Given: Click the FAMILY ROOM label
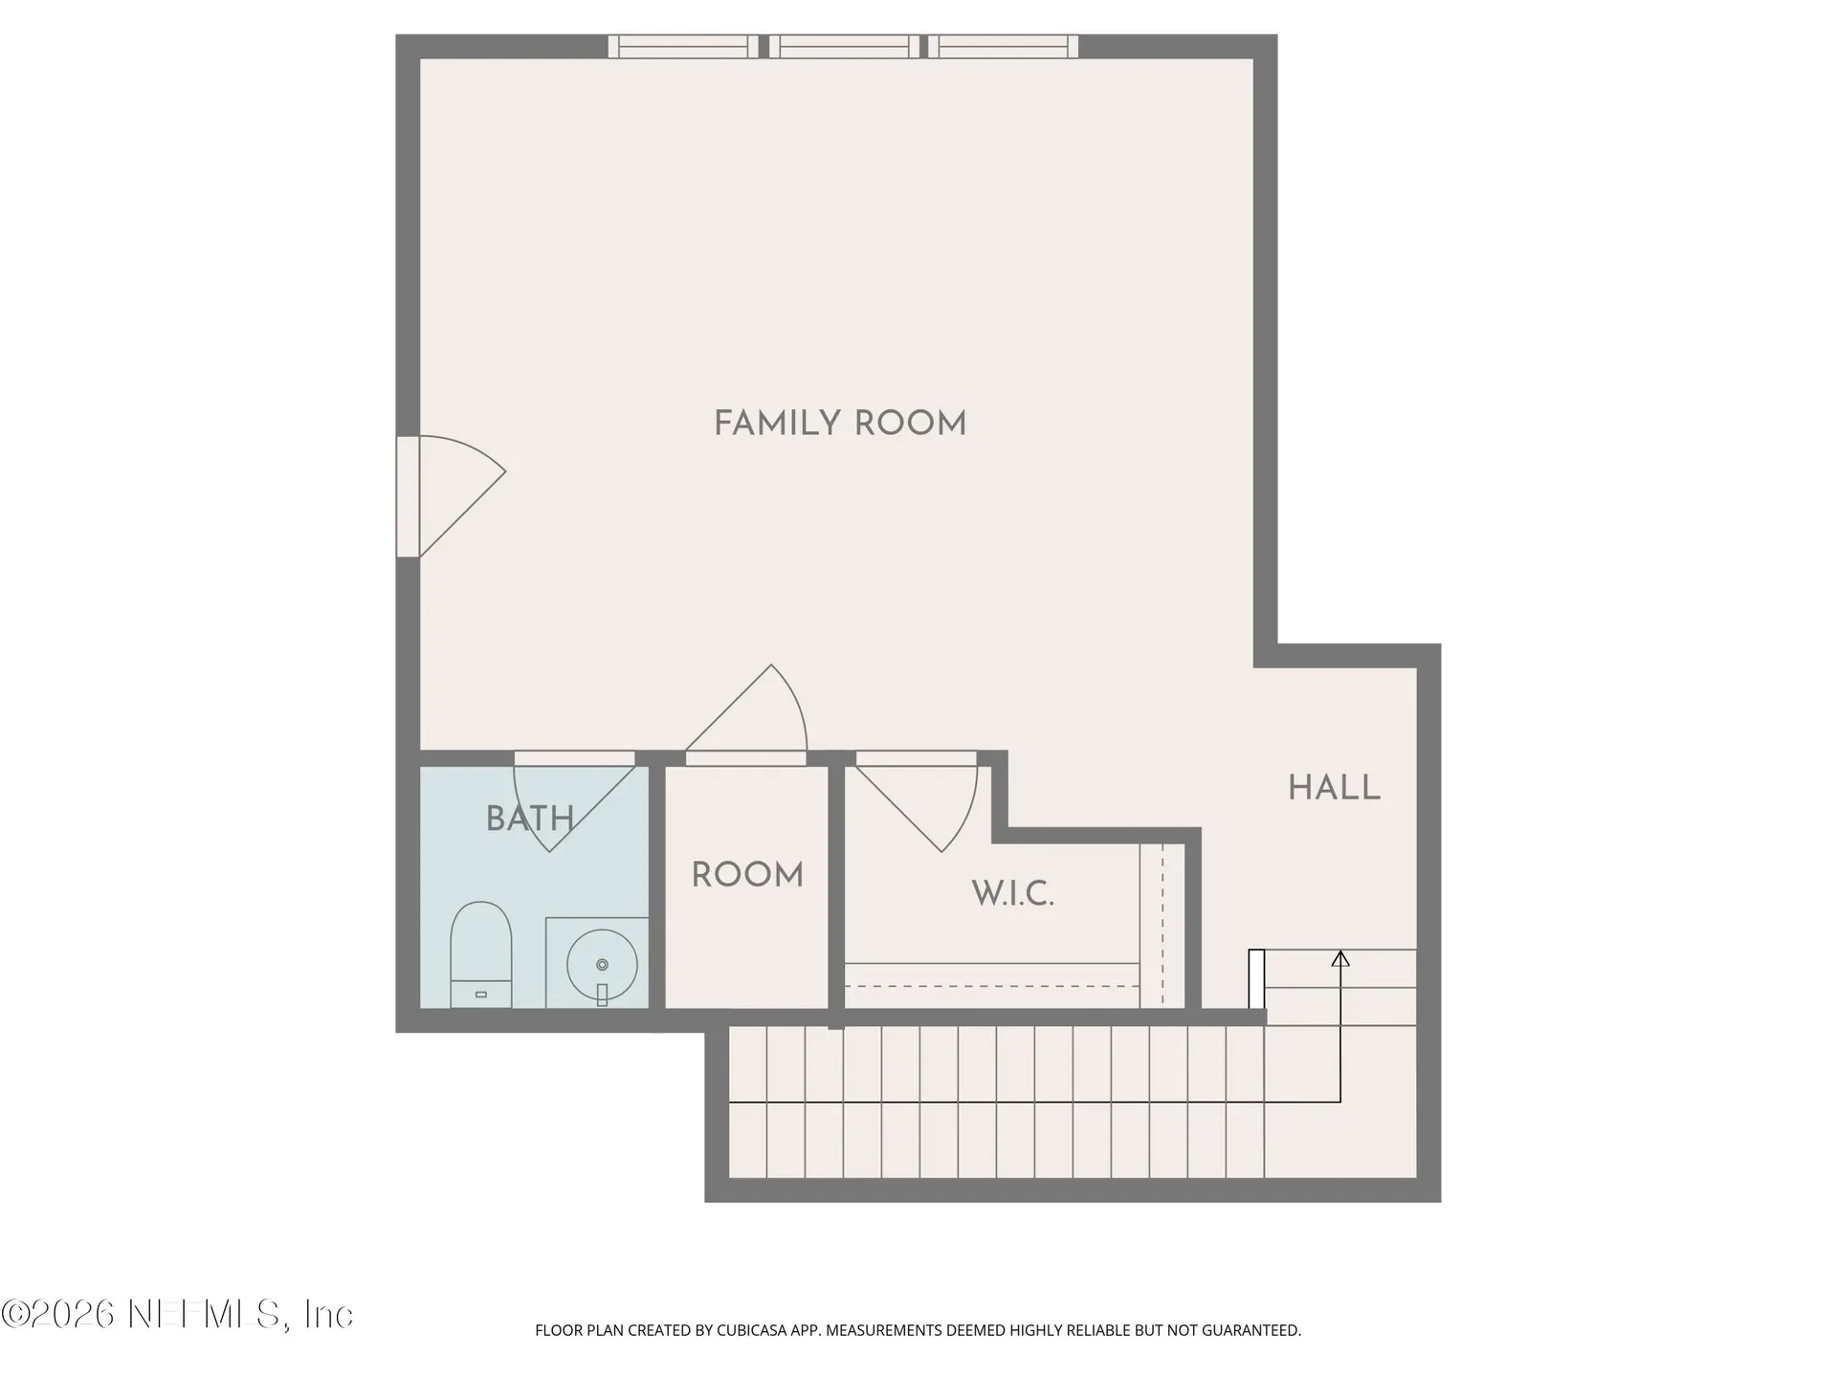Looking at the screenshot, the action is (x=840, y=424).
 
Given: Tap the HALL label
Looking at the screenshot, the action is (x=1334, y=788).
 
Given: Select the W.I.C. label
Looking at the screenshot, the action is (x=1012, y=894).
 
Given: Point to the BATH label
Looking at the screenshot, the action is (x=529, y=819).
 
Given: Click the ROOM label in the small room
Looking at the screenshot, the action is (x=747, y=875).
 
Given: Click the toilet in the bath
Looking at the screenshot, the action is (x=480, y=953).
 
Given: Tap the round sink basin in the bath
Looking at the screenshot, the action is (x=601, y=964).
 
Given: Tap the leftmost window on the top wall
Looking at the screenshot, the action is (x=683, y=47).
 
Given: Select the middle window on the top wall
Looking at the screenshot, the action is (x=844, y=47).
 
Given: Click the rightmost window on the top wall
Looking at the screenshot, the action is (x=1003, y=47).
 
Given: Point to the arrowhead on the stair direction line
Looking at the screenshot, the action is (x=1340, y=958).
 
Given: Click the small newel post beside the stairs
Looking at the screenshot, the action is (x=1256, y=978).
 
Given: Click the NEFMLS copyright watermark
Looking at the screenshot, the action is (x=177, y=1314).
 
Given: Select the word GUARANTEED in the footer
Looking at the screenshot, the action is (x=1253, y=1330).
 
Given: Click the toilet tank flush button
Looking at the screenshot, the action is (x=480, y=994).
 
